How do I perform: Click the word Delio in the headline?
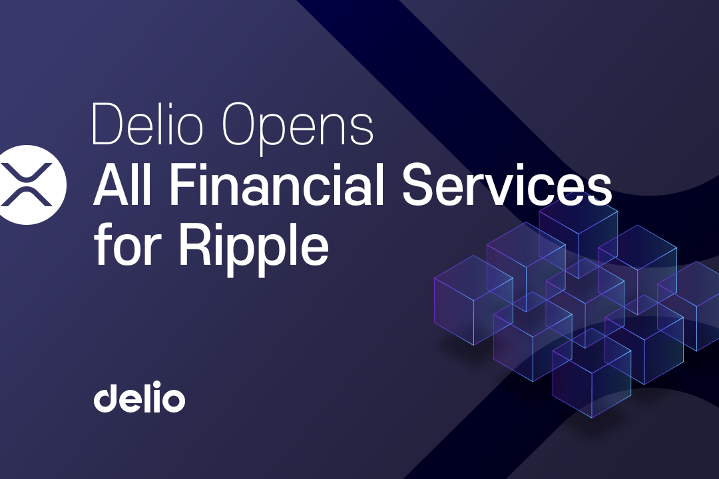(x=147, y=124)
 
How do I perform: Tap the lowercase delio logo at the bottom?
(x=139, y=397)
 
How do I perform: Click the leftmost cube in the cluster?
(x=473, y=300)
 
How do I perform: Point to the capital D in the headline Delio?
(x=109, y=124)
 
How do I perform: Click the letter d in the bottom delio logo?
(x=107, y=397)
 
